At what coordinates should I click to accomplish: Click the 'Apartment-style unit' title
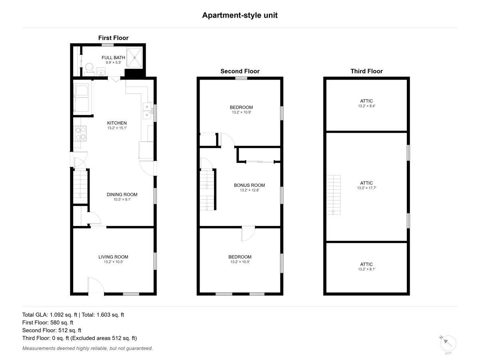(240, 15)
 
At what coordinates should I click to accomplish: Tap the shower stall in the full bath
(134, 58)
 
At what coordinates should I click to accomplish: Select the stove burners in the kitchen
(80, 133)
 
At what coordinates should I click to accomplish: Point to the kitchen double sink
(148, 111)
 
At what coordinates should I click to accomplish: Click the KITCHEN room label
(117, 123)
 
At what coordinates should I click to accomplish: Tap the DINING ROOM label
(122, 194)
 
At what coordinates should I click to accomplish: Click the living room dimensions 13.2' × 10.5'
(113, 262)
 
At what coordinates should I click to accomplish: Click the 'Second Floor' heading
(240, 71)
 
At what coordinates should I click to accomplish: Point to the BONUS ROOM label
(249, 185)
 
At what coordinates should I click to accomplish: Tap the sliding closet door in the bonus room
(260, 162)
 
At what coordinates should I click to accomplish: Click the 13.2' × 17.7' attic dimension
(366, 188)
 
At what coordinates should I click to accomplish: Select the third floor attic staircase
(334, 195)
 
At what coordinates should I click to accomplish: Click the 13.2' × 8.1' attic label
(366, 269)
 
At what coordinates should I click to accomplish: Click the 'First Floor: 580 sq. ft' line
(48, 323)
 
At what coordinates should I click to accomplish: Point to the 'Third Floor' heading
(366, 71)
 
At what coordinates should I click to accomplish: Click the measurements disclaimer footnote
(88, 348)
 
